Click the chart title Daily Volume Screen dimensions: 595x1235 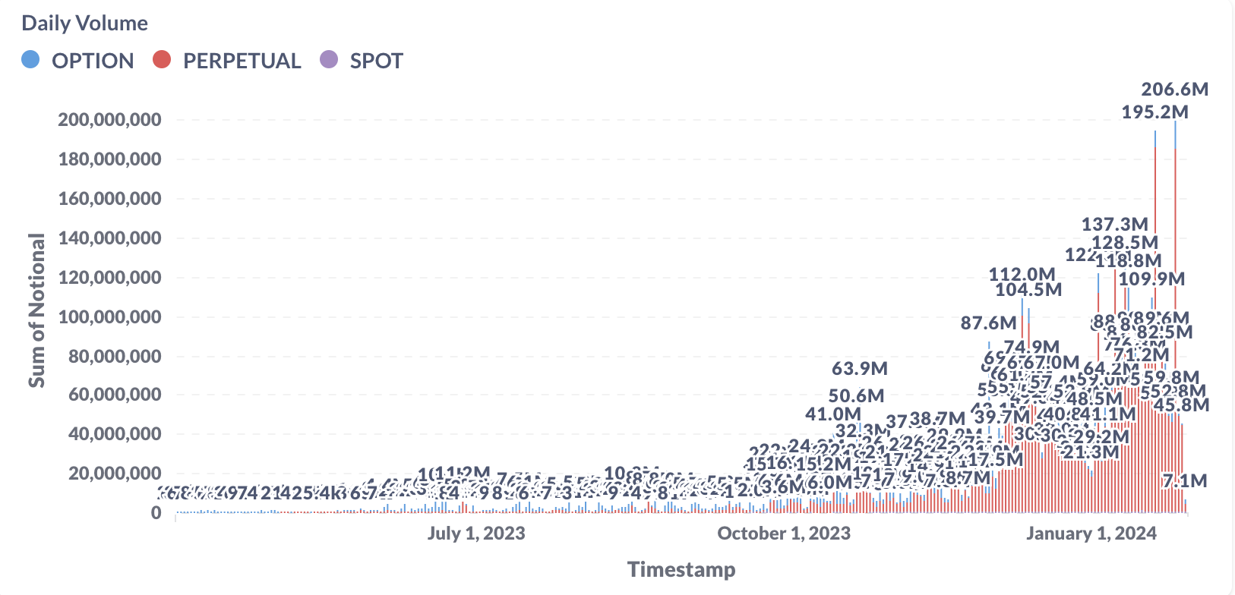point(84,23)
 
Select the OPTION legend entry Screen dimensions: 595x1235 point(92,61)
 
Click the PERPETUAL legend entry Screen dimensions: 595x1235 point(242,61)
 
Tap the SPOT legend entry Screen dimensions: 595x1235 point(376,61)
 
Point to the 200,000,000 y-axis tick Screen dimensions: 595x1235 point(109,120)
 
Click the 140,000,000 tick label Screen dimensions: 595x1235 point(109,238)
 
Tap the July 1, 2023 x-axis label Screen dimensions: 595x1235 point(476,533)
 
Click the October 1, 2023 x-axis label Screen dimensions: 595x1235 point(784,533)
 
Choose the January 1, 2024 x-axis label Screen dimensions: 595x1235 point(1091,533)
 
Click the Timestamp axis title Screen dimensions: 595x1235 point(681,569)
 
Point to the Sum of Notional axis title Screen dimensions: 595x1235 point(36,310)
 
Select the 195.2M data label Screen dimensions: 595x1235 point(1155,112)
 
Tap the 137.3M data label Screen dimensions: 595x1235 point(1115,224)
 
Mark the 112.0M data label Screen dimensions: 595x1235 point(1022,274)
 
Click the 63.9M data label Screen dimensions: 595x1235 point(860,369)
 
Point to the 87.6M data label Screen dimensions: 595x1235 point(988,323)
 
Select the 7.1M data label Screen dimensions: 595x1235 point(1185,480)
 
